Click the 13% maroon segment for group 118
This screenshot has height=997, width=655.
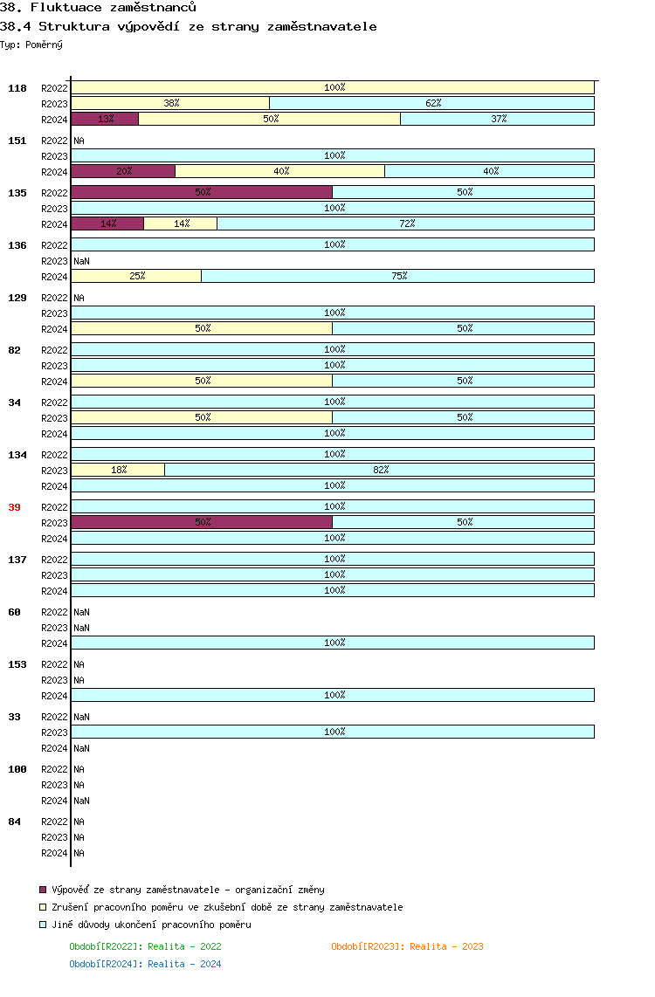(105, 119)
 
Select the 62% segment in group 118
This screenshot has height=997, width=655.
(432, 103)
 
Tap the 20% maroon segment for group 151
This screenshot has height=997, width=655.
(123, 171)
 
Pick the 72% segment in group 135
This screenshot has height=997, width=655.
(405, 223)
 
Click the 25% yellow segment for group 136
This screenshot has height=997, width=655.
(136, 276)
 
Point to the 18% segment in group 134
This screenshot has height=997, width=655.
(118, 470)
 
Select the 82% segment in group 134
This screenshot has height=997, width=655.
(379, 470)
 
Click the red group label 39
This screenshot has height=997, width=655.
(14, 507)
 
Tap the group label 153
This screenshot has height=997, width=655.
(17, 664)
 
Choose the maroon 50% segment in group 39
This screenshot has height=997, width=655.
(202, 522)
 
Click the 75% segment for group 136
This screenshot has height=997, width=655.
(397, 276)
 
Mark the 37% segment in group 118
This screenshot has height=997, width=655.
(497, 119)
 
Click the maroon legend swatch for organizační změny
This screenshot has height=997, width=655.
(43, 890)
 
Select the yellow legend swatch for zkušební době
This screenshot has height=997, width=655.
(43, 907)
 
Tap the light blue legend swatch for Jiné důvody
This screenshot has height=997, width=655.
(43, 925)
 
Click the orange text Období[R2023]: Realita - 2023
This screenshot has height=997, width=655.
(407, 946)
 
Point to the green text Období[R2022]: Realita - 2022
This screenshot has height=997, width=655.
(145, 946)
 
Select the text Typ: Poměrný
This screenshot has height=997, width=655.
(31, 44)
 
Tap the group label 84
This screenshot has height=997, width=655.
(14, 822)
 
